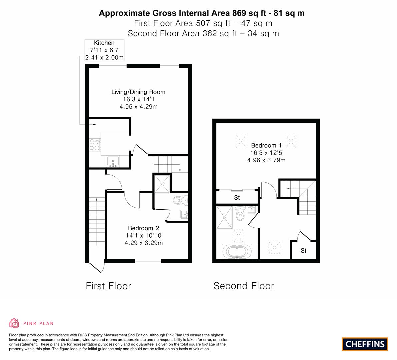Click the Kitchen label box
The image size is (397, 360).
(x=104, y=50)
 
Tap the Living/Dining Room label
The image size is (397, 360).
(x=138, y=92)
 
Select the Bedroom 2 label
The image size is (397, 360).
(x=143, y=228)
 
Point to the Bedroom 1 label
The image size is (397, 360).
(x=266, y=145)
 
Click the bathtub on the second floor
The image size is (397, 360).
(x=236, y=251)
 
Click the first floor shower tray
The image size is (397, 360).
(x=162, y=183)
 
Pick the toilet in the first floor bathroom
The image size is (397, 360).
(x=180, y=200)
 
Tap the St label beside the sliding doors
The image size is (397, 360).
(x=237, y=198)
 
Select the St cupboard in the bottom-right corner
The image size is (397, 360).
(x=303, y=250)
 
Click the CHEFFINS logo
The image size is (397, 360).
(x=365, y=344)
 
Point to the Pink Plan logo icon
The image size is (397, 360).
(x=14, y=323)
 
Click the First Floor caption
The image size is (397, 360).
(x=108, y=286)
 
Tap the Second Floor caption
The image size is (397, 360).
(x=244, y=286)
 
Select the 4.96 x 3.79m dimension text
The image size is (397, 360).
(x=266, y=160)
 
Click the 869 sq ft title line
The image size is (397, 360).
(x=202, y=13)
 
